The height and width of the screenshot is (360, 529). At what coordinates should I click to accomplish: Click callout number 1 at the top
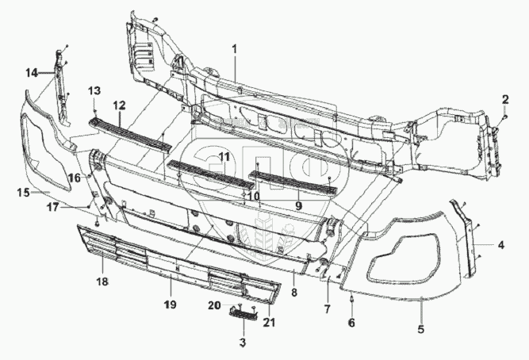pyautogui.click(x=235, y=49)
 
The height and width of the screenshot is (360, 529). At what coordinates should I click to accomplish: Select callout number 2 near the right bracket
pyautogui.click(x=503, y=99)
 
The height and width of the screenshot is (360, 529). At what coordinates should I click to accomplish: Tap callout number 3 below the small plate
pyautogui.click(x=243, y=343)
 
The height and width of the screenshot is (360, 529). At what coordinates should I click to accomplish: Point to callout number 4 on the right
pyautogui.click(x=501, y=245)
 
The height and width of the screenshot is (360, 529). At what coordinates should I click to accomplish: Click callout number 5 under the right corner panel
pyautogui.click(x=421, y=328)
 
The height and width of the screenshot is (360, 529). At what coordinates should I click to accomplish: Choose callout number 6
pyautogui.click(x=351, y=323)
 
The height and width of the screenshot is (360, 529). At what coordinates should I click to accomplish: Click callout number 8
pyautogui.click(x=293, y=293)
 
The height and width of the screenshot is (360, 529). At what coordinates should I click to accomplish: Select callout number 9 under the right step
pyautogui.click(x=298, y=205)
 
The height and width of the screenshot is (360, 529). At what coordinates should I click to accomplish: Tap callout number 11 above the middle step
pyautogui.click(x=224, y=157)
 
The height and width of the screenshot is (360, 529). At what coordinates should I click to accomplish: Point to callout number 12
pyautogui.click(x=119, y=105)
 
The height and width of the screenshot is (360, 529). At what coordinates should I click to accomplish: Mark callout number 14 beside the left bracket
pyautogui.click(x=31, y=73)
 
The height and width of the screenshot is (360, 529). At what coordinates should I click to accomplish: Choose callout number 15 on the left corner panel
pyautogui.click(x=23, y=193)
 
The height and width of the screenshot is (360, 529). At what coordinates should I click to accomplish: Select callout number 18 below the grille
pyautogui.click(x=102, y=281)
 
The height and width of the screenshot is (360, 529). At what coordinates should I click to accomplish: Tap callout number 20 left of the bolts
pyautogui.click(x=214, y=305)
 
